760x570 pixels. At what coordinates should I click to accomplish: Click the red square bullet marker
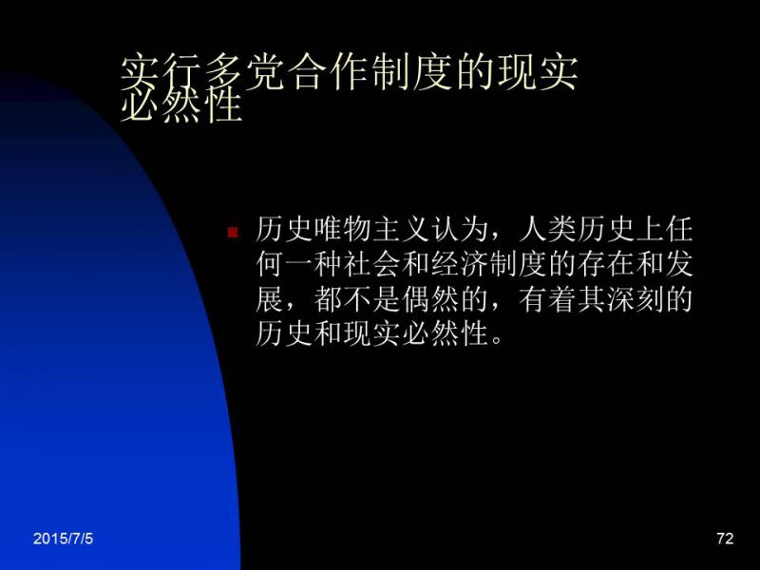[x=233, y=232]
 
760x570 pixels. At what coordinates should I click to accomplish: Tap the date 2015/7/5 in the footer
[x=63, y=539]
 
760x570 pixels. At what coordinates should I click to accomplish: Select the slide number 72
[x=725, y=539]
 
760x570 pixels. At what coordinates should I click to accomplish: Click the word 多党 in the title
[x=244, y=73]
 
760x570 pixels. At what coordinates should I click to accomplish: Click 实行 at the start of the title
[x=161, y=73]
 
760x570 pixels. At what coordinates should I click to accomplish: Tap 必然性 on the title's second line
[x=180, y=105]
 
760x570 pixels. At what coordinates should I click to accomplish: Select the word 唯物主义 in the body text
[x=370, y=229]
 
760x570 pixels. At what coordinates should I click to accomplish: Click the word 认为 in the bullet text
[x=459, y=229]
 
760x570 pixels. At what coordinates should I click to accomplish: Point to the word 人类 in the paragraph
[x=546, y=229]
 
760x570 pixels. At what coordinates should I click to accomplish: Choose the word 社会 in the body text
[x=370, y=264]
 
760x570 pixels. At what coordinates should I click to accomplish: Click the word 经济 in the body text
[x=459, y=264]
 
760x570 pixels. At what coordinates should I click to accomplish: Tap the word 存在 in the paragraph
[x=604, y=264]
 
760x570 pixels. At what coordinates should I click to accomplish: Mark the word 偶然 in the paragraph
[x=429, y=299]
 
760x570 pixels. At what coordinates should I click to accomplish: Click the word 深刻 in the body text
[x=634, y=299]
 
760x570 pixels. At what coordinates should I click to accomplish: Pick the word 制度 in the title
[x=411, y=73]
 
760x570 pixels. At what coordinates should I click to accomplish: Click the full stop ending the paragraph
[x=496, y=338]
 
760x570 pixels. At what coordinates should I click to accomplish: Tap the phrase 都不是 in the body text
[x=356, y=299]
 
